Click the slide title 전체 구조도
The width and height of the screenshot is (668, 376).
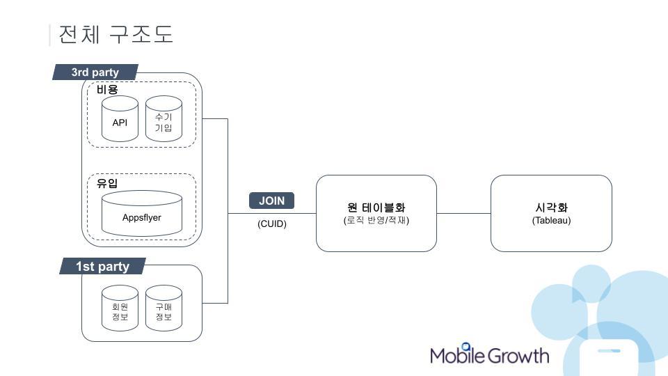point(116,34)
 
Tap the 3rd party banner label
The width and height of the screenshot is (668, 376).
point(95,72)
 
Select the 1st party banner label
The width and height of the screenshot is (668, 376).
point(102,266)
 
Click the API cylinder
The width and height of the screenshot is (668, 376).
point(120,118)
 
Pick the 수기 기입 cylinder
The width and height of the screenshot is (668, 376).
point(164,118)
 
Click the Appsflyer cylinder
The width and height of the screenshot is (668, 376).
point(142,213)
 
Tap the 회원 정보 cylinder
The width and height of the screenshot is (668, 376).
point(120,308)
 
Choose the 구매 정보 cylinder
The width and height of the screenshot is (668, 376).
point(164,308)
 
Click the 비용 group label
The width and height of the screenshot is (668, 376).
point(107,90)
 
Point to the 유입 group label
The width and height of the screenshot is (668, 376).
point(107,183)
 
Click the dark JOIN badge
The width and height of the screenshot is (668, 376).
point(271,201)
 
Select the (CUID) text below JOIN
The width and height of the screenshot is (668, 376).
point(272,224)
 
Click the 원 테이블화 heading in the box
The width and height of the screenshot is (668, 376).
point(376,207)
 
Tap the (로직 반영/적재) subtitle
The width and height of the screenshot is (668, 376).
point(376,221)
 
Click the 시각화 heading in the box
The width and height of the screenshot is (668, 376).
point(551,207)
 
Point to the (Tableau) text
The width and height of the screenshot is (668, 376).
point(551,221)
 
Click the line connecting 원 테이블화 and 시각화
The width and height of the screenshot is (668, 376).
point(463,213)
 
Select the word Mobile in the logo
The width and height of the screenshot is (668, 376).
point(457,355)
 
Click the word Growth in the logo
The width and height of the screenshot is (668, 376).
point(518,356)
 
